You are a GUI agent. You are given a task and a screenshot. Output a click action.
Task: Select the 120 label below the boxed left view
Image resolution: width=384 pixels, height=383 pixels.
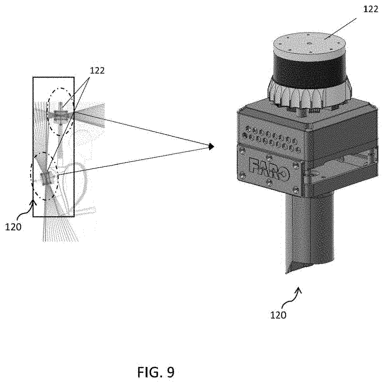(14, 227)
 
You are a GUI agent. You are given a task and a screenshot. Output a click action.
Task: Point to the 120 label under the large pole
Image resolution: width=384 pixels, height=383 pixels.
(278, 315)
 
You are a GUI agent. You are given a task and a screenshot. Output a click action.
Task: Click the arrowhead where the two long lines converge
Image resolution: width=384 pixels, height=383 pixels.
(211, 146)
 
